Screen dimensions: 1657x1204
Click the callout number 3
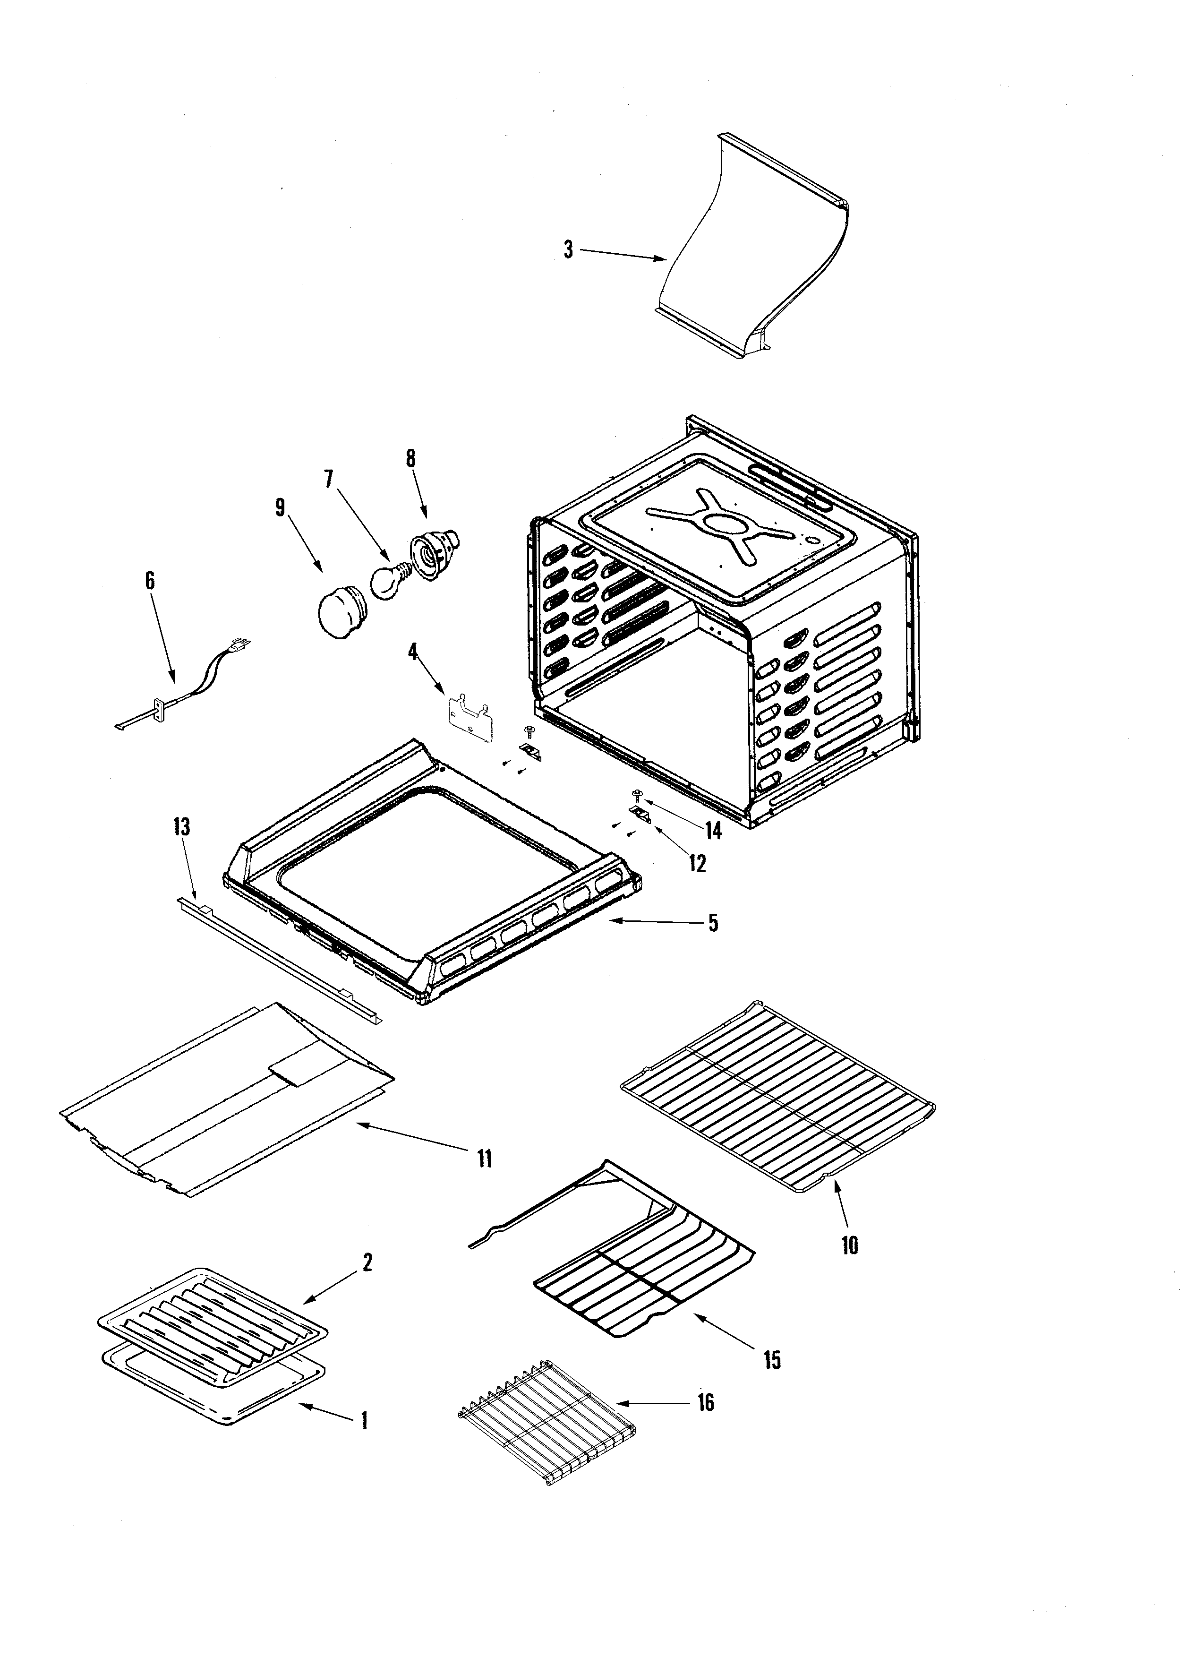coord(568,250)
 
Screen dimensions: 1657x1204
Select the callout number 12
coord(697,864)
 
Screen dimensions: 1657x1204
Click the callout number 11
coord(484,1158)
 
